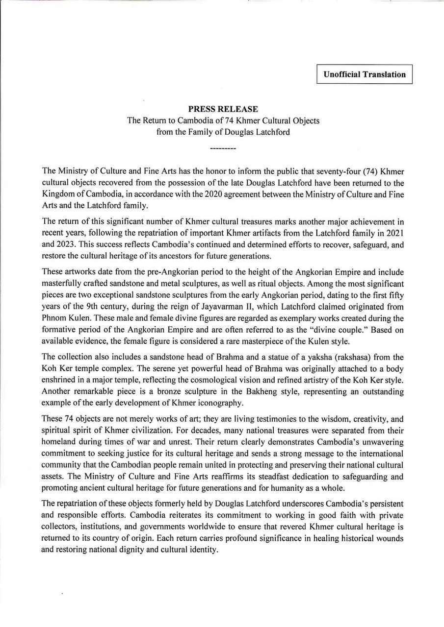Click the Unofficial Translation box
tap(364, 74)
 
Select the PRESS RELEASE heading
tap(223, 109)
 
